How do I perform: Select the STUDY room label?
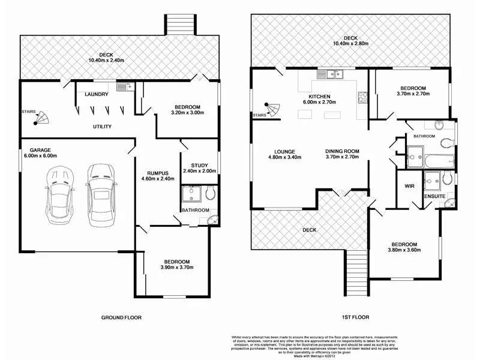pyautogui.click(x=199, y=166)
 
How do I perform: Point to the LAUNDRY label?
pyautogui.click(x=96, y=94)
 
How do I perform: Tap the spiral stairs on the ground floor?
pyautogui.click(x=43, y=119)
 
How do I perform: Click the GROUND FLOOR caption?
pyautogui.click(x=121, y=317)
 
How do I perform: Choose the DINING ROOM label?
pyautogui.click(x=342, y=151)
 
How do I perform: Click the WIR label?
pyautogui.click(x=410, y=186)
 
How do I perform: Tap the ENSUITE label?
pyautogui.click(x=434, y=196)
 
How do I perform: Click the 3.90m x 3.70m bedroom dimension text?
pyautogui.click(x=177, y=268)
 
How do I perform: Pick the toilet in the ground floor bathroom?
pyautogui.click(x=209, y=193)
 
